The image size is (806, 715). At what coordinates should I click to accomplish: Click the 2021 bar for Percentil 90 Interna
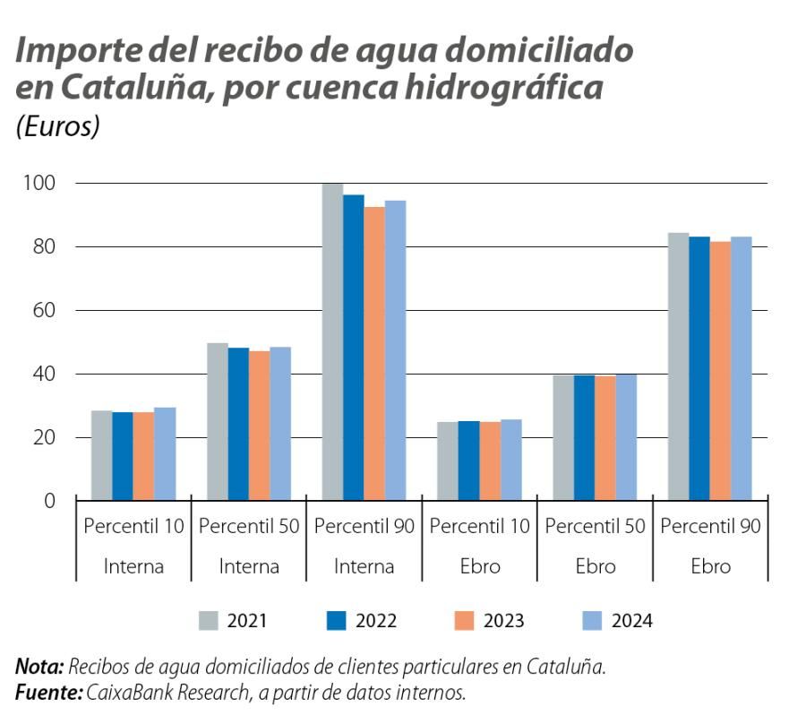[x=332, y=341]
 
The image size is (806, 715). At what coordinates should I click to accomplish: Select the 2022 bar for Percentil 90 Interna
[x=354, y=348]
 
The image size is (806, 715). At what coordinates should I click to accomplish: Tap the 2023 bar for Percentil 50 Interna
[x=259, y=425]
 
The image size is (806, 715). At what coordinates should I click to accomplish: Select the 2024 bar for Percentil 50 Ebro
[x=626, y=437]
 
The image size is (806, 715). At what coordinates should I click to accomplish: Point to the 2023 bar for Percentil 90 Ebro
[x=720, y=370]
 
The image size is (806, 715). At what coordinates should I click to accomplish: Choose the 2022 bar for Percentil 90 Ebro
[x=699, y=367]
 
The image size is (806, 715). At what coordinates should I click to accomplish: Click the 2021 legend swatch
[x=209, y=621]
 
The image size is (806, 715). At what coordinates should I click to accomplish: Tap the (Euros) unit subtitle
[x=56, y=126]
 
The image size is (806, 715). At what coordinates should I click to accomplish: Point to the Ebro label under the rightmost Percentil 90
[x=710, y=566]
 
